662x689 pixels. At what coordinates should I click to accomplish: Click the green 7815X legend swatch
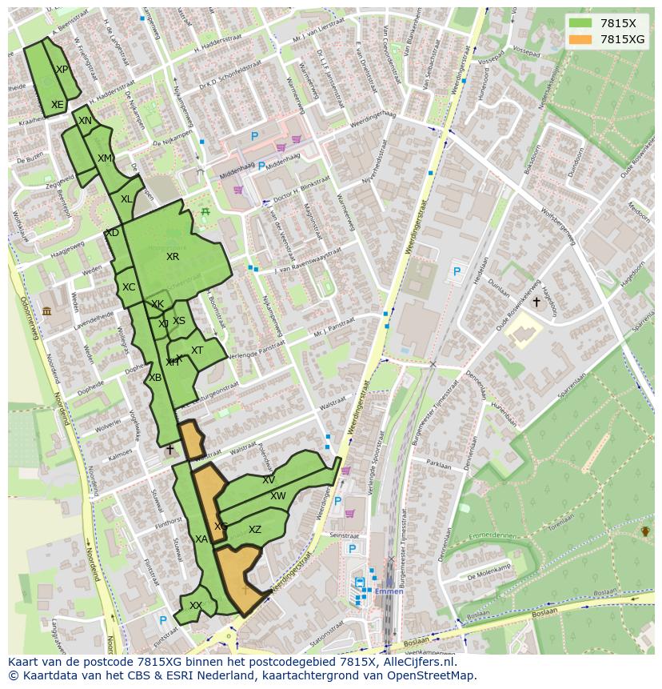[580, 22]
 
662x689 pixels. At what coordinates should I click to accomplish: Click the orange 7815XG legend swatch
[580, 39]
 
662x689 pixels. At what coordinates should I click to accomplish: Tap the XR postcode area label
[173, 257]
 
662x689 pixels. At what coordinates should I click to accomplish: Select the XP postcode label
[62, 70]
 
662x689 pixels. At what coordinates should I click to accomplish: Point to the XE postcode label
[57, 105]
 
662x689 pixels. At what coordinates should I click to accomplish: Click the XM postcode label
[105, 158]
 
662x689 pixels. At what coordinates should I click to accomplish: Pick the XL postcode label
[126, 199]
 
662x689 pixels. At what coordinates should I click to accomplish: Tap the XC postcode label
[129, 287]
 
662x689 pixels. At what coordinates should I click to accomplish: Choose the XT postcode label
[197, 351]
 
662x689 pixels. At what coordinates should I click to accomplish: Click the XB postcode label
[155, 378]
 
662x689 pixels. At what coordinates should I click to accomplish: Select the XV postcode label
[269, 480]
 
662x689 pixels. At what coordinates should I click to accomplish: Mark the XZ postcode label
[255, 530]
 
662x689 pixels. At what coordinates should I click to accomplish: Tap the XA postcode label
[201, 540]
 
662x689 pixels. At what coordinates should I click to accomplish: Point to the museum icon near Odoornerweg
[46, 310]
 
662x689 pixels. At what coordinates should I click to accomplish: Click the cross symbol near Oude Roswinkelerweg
[536, 302]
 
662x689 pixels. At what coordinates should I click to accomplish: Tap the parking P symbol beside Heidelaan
[457, 272]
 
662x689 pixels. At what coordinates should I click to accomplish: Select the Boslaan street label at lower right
[544, 612]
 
